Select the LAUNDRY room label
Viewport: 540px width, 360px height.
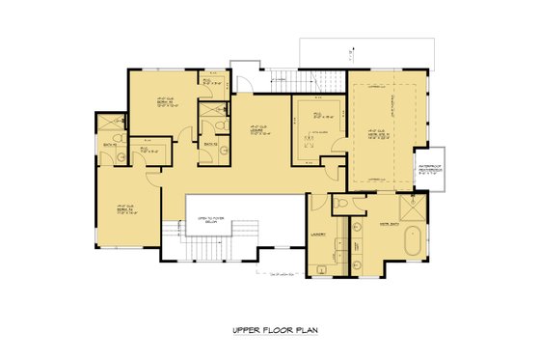(317, 235)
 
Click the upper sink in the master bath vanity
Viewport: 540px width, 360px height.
(353, 228)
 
